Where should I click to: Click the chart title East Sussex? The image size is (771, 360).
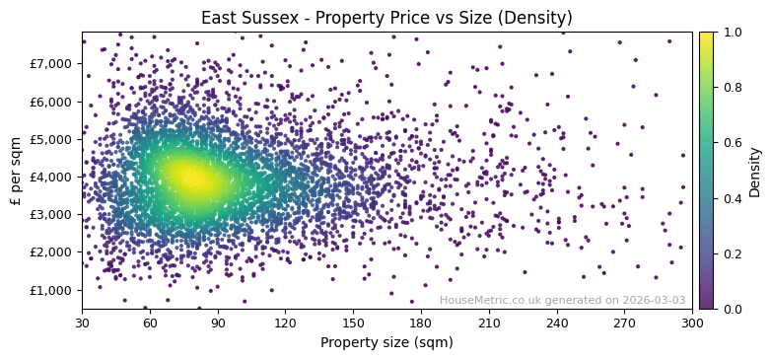click(386, 18)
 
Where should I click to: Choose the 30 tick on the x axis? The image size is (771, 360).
click(82, 323)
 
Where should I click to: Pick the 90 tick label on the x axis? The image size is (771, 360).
click(218, 323)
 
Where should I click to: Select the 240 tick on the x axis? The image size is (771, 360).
click(557, 323)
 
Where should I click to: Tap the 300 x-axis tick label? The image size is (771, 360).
click(692, 323)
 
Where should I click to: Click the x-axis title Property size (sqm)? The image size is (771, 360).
click(386, 342)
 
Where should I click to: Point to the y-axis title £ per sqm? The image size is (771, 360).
click(16, 171)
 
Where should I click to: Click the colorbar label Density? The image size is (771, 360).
click(755, 171)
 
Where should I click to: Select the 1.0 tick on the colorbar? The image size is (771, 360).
click(731, 33)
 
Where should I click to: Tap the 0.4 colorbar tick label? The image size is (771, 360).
click(731, 198)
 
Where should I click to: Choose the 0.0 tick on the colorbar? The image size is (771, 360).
click(731, 309)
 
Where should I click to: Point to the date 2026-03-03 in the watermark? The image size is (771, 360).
click(653, 301)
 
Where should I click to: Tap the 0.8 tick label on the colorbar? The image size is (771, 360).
click(731, 88)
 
